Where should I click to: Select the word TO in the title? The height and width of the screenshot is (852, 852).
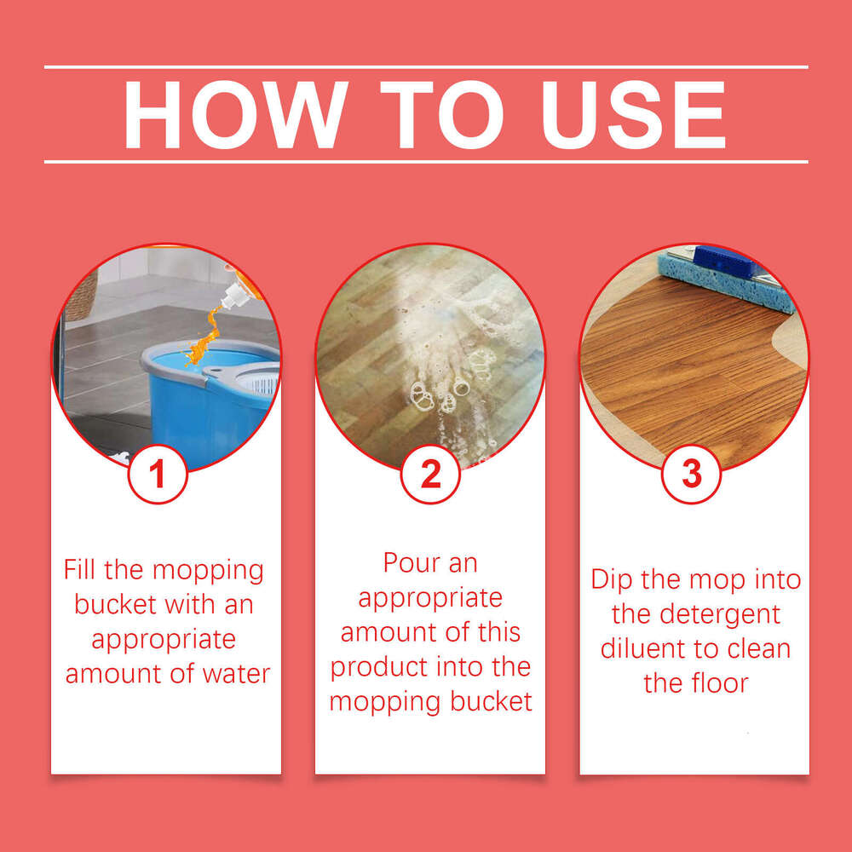tap(432, 116)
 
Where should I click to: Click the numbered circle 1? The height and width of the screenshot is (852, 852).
tap(158, 474)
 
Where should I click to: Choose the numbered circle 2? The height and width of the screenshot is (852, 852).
tap(431, 474)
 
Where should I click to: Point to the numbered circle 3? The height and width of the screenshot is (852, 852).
tap(692, 474)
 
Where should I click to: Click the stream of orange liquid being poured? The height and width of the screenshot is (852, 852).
tap(202, 339)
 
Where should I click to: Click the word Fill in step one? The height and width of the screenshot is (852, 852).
tap(84, 570)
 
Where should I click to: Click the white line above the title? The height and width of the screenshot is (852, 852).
tap(426, 66)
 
